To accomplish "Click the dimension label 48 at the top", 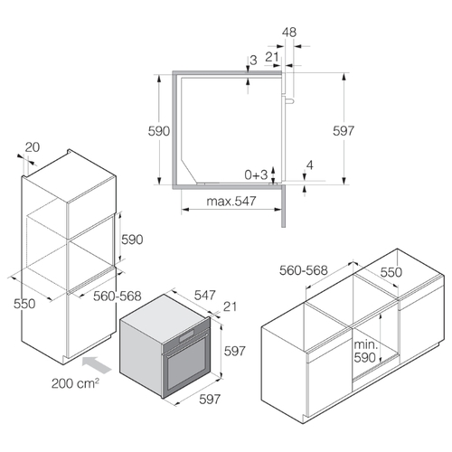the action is pos(289,33).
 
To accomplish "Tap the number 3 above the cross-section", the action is pos(253,60).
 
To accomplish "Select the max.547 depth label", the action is pos(231,201).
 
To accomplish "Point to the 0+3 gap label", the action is pos(256,174).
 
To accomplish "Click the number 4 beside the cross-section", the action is pos(310,165).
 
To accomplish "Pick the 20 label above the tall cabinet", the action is pos(33,147).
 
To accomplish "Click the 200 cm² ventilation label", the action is pos(75,383).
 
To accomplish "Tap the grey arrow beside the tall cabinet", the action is pos(97,364).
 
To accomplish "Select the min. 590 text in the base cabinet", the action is pos(365,351).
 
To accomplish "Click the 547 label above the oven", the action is pos(205,295).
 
